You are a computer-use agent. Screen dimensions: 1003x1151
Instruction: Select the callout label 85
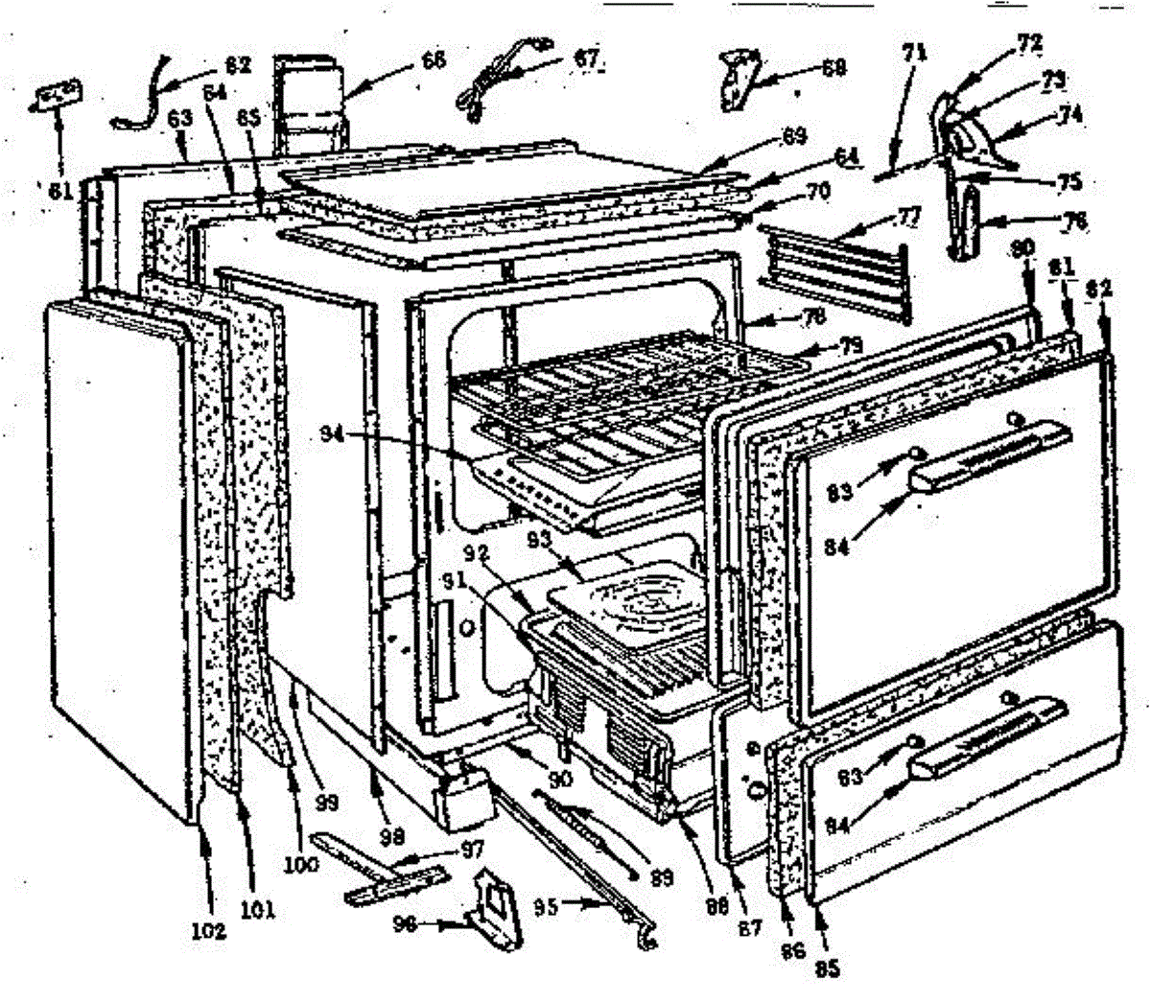pyautogui.click(x=827, y=968)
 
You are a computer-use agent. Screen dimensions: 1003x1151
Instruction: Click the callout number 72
pyautogui.click(x=1004, y=44)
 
